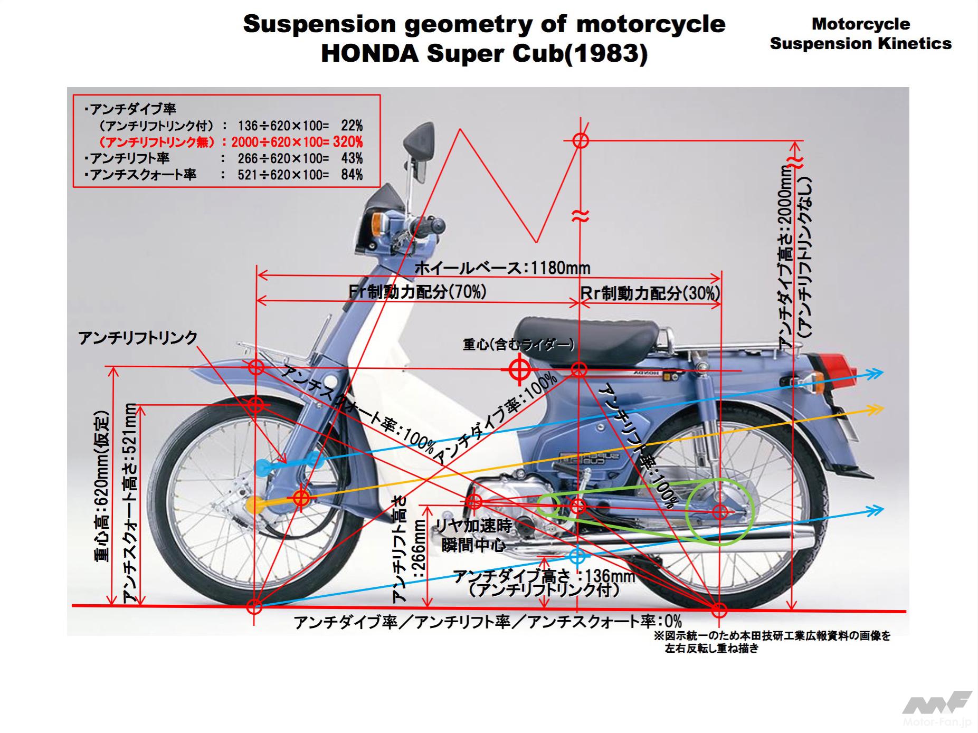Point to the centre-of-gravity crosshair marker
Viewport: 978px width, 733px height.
[x=519, y=369]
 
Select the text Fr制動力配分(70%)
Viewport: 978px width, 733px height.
[x=417, y=292]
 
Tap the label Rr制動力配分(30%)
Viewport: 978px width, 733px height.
[x=650, y=293]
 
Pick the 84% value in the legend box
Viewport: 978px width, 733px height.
[x=352, y=174]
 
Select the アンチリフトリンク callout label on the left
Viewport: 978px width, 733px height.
[x=138, y=338]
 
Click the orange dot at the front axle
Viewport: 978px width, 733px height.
[x=255, y=505]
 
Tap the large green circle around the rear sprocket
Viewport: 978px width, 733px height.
[x=719, y=511]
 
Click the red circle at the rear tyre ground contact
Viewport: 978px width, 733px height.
[x=719, y=611]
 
